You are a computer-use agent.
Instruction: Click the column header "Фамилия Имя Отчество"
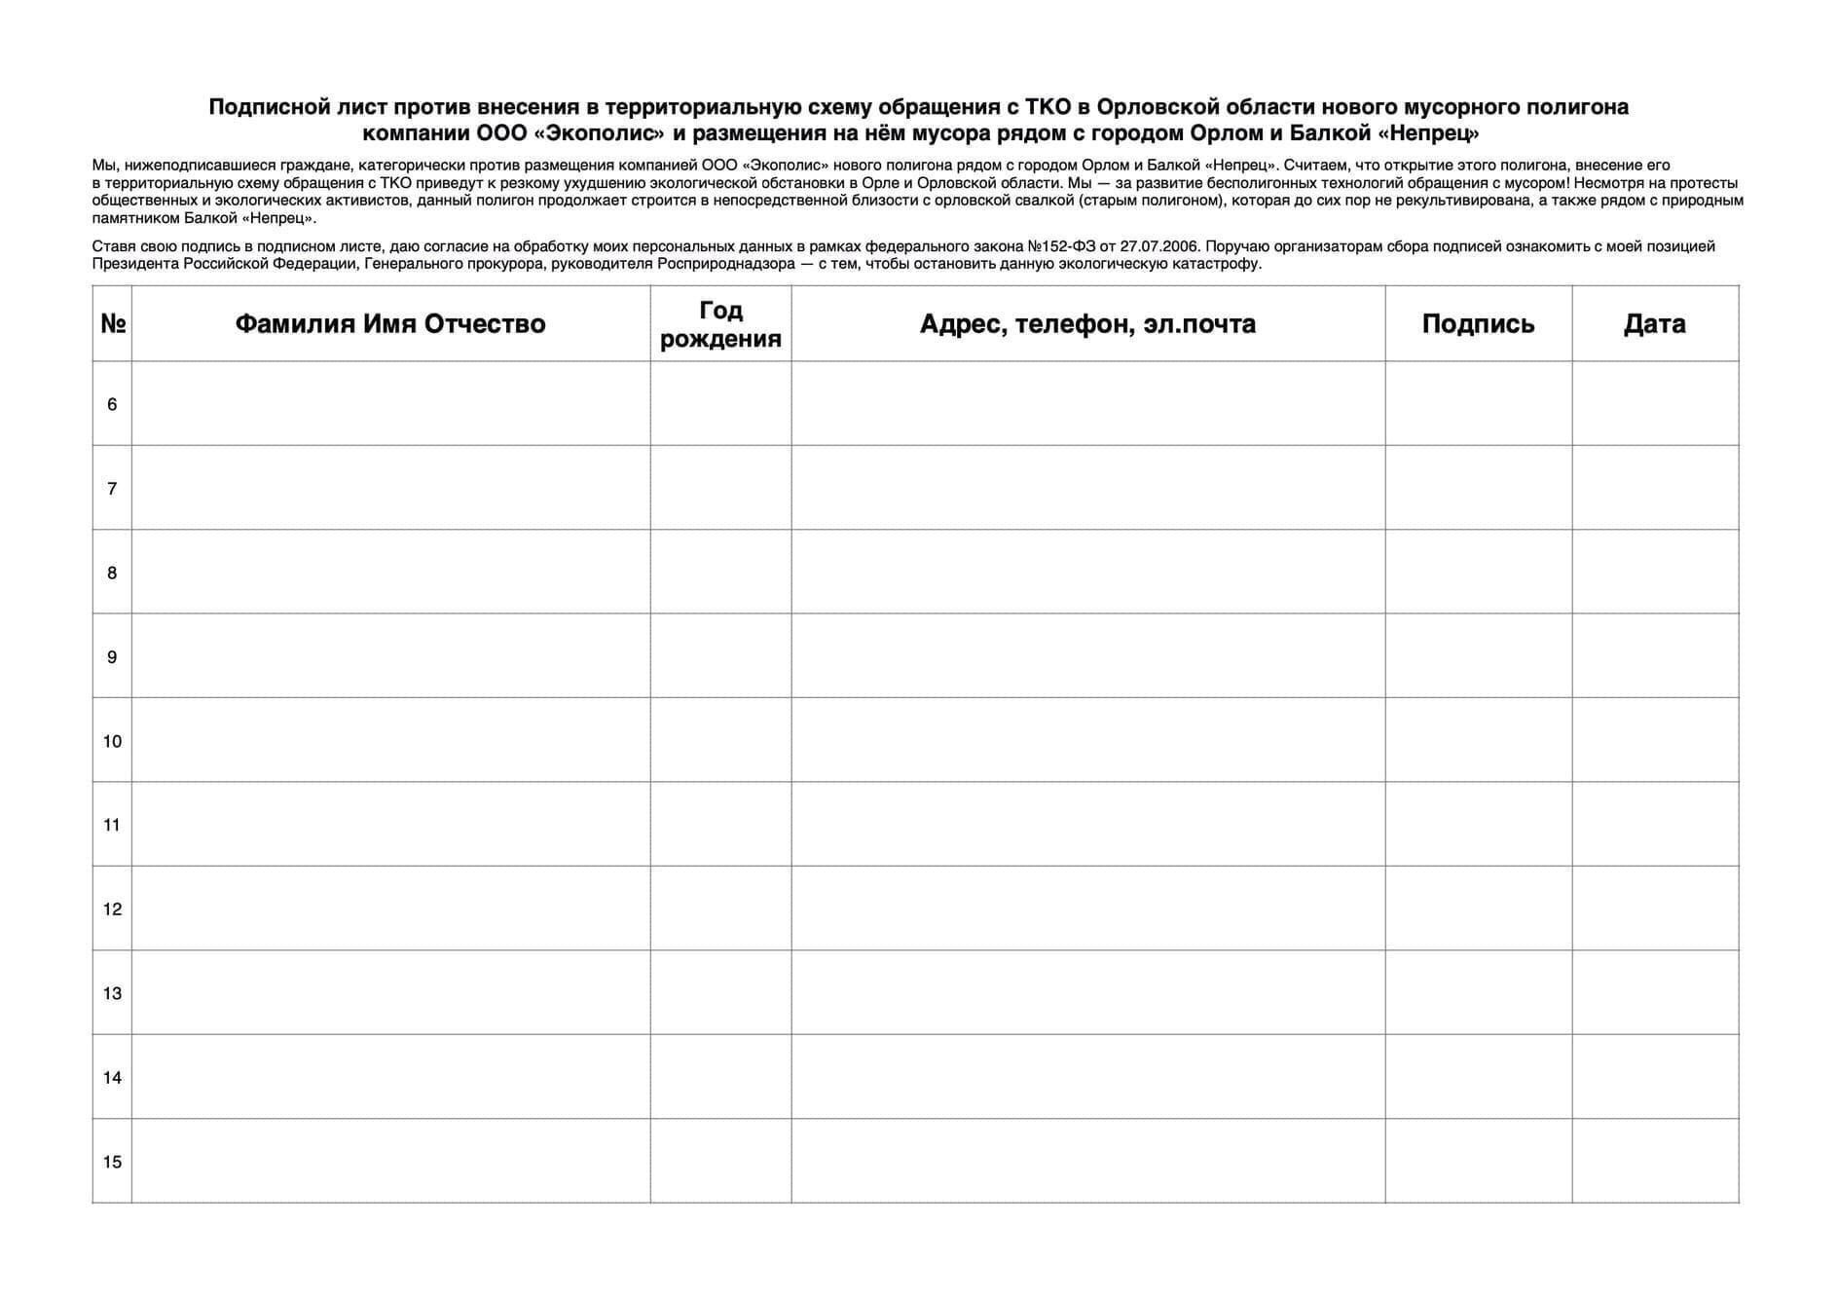pyautogui.click(x=390, y=323)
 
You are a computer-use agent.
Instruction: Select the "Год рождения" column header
pyautogui.click(x=720, y=323)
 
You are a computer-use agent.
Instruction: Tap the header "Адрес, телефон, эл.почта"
pyautogui.click(x=1087, y=323)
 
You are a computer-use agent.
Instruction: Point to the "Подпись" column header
pyautogui.click(x=1478, y=323)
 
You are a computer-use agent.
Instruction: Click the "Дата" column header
pyautogui.click(x=1654, y=323)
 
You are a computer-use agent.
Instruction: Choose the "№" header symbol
pyautogui.click(x=113, y=323)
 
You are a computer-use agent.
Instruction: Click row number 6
pyautogui.click(x=112, y=404)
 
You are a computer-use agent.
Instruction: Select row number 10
pyautogui.click(x=112, y=741)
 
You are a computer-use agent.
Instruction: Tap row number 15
pyautogui.click(x=112, y=1162)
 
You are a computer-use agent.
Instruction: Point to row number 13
pyautogui.click(x=112, y=993)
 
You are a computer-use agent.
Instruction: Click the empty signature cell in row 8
pyautogui.click(x=1478, y=572)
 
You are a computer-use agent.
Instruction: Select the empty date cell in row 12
pyautogui.click(x=1654, y=909)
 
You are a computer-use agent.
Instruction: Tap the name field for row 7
pyautogui.click(x=390, y=488)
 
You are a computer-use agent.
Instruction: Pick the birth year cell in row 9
pyautogui.click(x=720, y=656)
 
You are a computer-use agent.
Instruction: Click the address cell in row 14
pyautogui.click(x=1087, y=1077)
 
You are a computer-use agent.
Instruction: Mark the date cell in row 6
pyautogui.click(x=1654, y=404)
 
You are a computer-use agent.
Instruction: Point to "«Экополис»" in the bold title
pyautogui.click(x=592, y=133)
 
